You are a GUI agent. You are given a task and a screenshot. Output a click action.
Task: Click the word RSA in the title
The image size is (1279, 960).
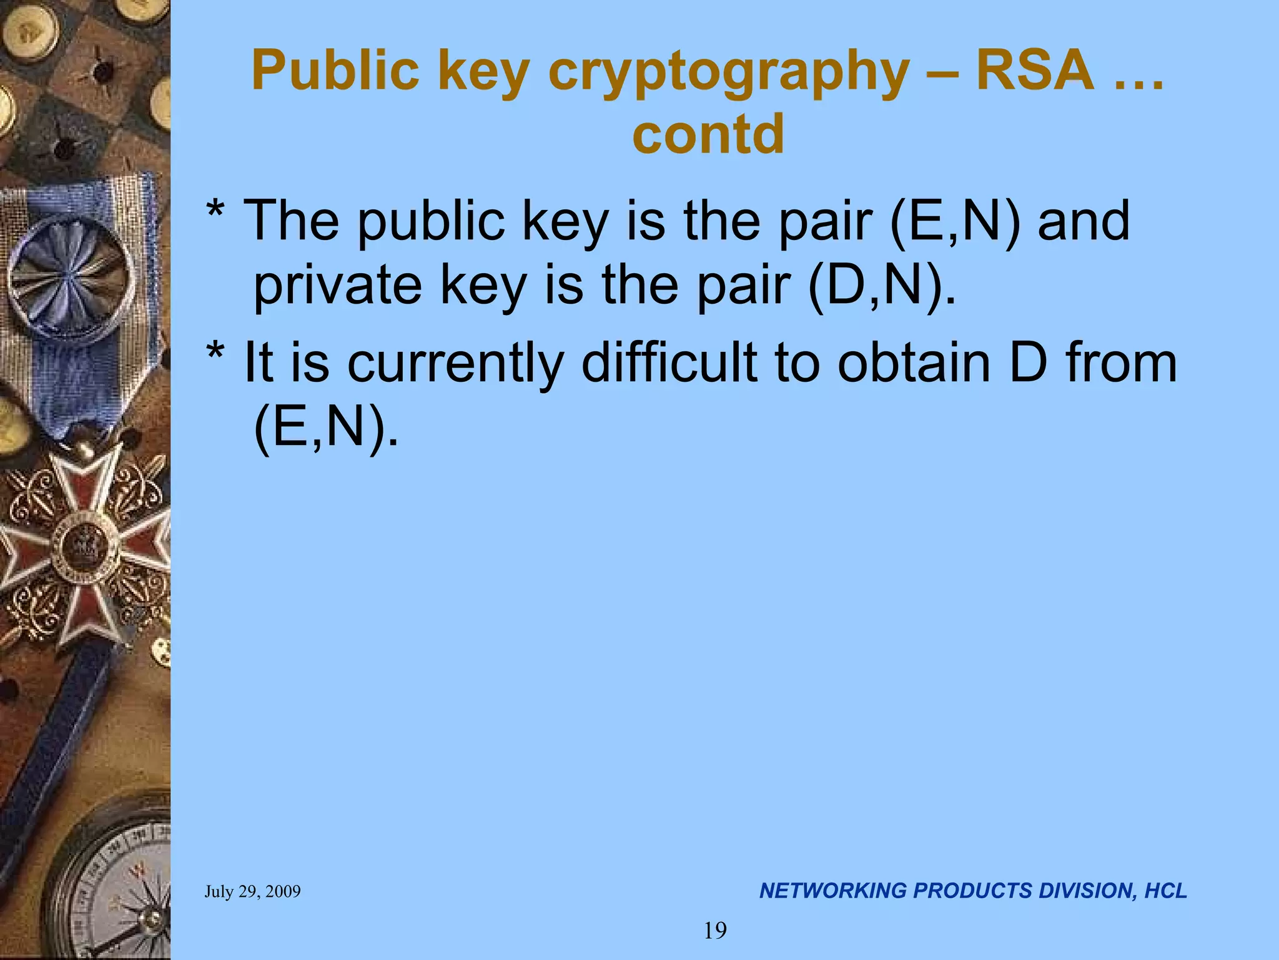(x=1035, y=70)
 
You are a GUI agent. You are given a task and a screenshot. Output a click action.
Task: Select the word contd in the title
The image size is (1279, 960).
(x=708, y=134)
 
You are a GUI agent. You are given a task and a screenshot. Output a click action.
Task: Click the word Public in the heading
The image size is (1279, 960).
(x=335, y=70)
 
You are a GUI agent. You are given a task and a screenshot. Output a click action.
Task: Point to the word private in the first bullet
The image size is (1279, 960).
(x=338, y=286)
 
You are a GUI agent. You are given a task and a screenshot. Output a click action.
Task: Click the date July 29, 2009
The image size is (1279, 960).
(x=252, y=891)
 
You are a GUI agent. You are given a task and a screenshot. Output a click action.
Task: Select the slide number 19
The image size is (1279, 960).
(x=715, y=931)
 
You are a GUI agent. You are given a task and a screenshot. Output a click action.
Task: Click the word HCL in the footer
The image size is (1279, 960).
(x=1165, y=891)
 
